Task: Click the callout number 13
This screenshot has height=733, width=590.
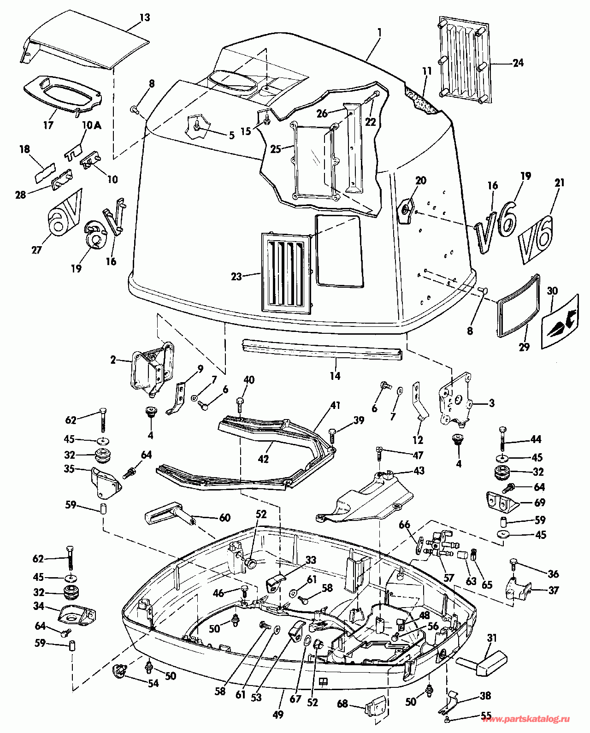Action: pyautogui.click(x=145, y=18)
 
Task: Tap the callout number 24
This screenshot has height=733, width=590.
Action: pyautogui.click(x=519, y=63)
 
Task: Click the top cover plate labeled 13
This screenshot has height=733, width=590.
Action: pyautogui.click(x=88, y=41)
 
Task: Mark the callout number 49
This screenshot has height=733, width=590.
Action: pyautogui.click(x=278, y=715)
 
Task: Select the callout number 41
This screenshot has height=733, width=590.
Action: pyautogui.click(x=335, y=406)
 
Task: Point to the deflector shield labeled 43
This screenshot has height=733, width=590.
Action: pyautogui.click(x=369, y=500)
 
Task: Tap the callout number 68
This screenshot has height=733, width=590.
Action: pyautogui.click(x=342, y=704)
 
